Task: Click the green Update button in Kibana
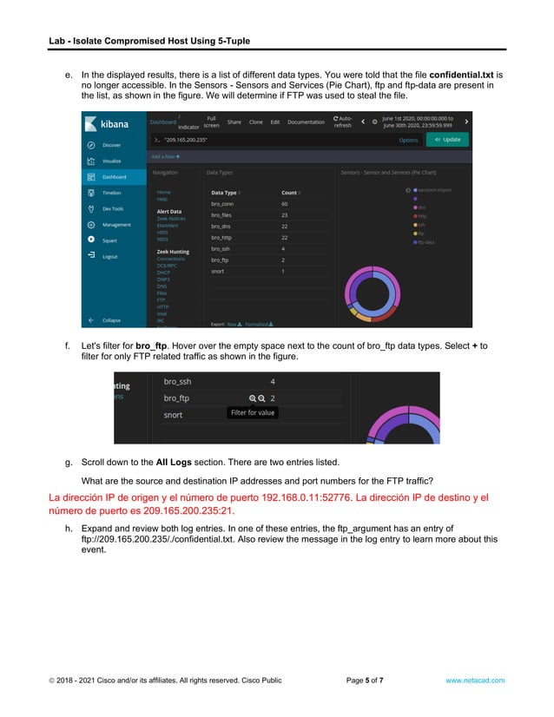pyautogui.click(x=448, y=139)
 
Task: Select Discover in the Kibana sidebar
pyautogui.click(x=112, y=145)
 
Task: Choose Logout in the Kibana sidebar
pyautogui.click(x=110, y=256)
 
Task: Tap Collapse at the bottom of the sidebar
pyautogui.click(x=112, y=320)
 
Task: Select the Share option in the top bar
pyautogui.click(x=234, y=122)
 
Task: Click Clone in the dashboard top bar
pyautogui.click(x=256, y=122)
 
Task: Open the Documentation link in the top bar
pyautogui.click(x=306, y=122)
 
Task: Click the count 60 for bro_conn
pyautogui.click(x=284, y=204)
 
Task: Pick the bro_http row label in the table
pyautogui.click(x=221, y=237)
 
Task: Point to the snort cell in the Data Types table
pyautogui.click(x=217, y=272)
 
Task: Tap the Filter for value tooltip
pyautogui.click(x=253, y=413)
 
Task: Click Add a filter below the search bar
pyautogui.click(x=166, y=156)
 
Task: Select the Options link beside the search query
pyautogui.click(x=408, y=140)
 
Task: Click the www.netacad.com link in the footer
pyautogui.click(x=475, y=681)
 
